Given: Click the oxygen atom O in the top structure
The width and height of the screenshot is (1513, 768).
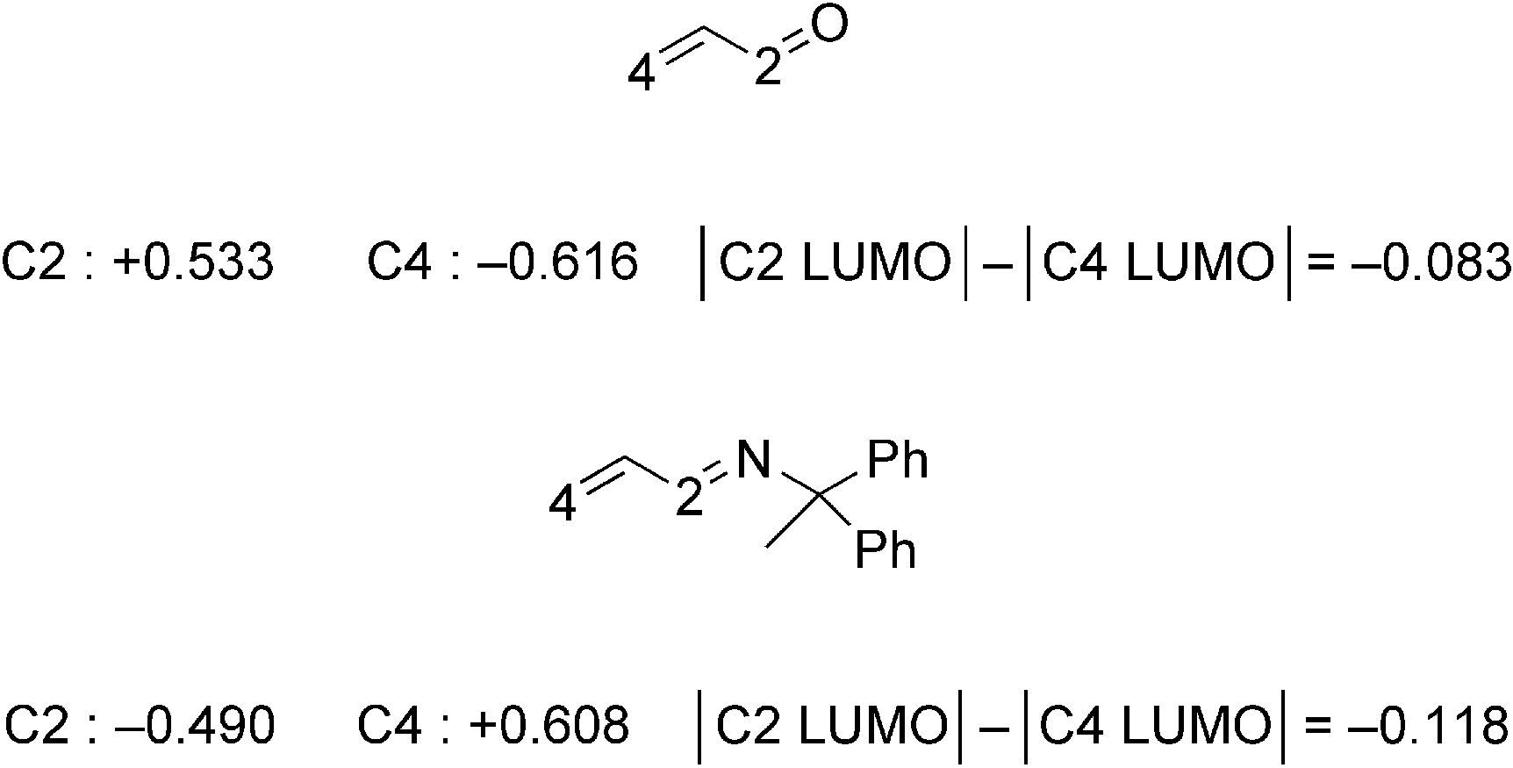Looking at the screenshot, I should [x=829, y=26].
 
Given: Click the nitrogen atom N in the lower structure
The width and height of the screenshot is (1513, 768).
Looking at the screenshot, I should [x=753, y=459].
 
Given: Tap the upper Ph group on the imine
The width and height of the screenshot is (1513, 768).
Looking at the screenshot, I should [x=897, y=460].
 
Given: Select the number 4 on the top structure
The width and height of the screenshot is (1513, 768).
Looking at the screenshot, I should [x=642, y=75].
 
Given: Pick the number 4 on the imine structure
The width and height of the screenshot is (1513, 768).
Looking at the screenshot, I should [x=563, y=506].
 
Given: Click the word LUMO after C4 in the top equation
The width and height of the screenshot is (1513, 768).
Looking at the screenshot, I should [x=1199, y=262].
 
